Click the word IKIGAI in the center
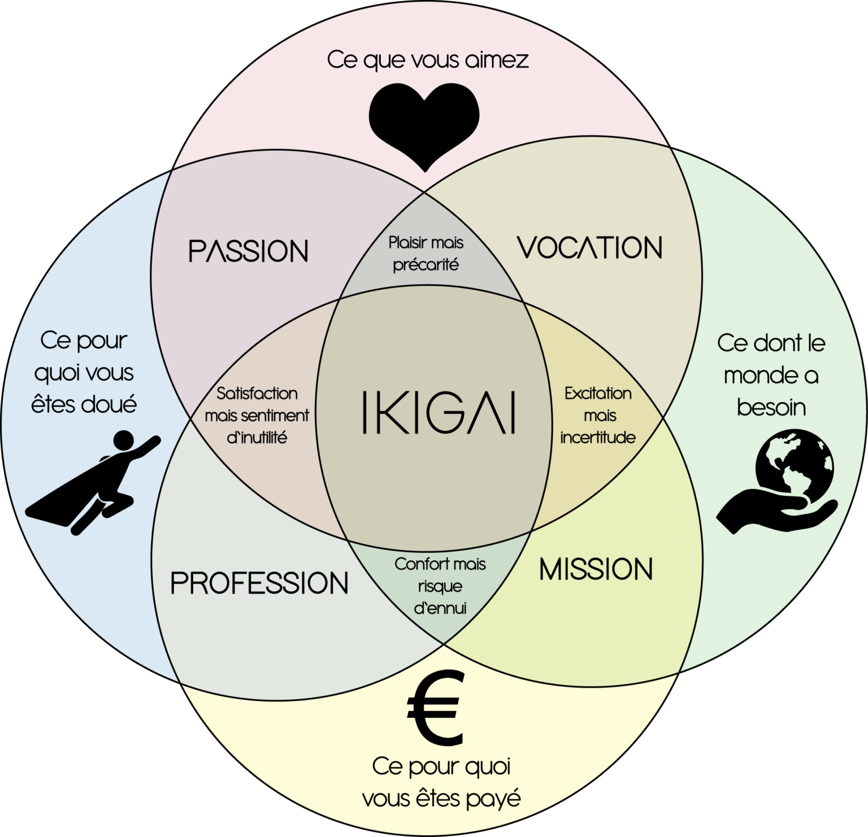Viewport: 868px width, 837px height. (439, 412)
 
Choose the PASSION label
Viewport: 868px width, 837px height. (248, 251)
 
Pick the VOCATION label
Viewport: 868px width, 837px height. (589, 248)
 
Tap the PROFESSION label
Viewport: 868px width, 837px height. (259, 583)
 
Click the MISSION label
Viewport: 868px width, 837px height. (596, 569)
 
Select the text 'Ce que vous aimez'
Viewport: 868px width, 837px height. (428, 60)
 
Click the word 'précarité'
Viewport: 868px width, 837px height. (426, 264)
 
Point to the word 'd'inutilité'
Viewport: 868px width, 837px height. (257, 438)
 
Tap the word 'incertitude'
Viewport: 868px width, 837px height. (598, 438)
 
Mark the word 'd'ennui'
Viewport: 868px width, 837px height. (440, 608)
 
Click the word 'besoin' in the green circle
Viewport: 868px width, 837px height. (771, 407)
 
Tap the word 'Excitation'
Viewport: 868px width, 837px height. (598, 393)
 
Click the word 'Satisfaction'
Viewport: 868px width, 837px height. (257, 393)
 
